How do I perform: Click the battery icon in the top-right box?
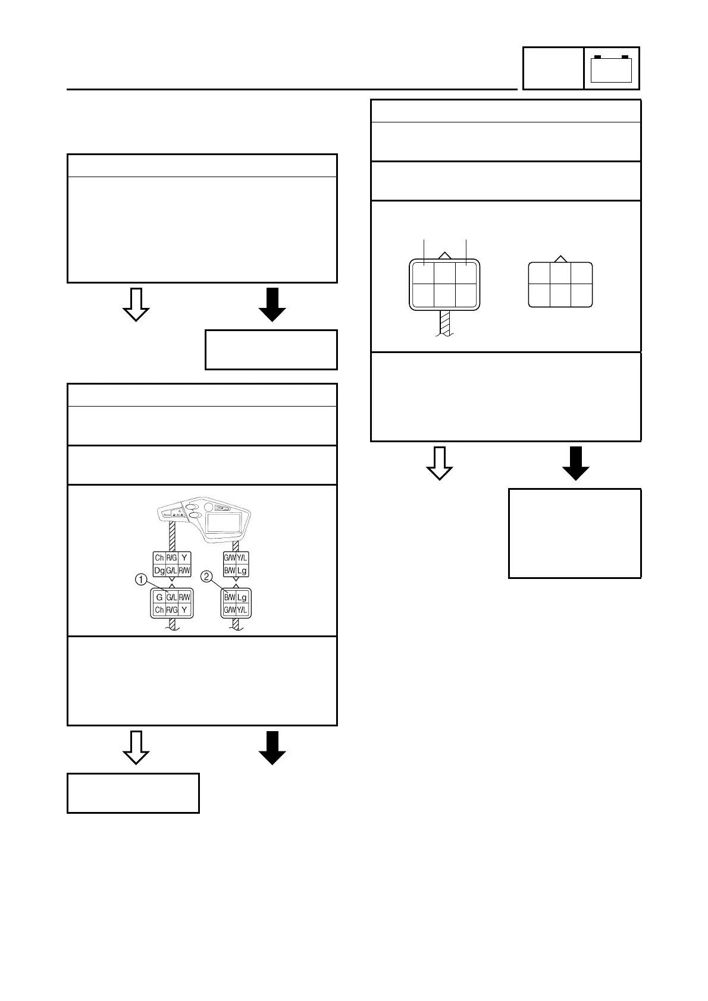point(611,68)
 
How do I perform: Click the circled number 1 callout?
point(142,578)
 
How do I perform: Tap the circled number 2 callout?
point(206,576)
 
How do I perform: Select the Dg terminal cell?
point(159,571)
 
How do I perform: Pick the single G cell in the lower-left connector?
point(159,597)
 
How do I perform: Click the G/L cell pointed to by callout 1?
point(171,597)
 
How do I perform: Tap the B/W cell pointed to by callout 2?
point(230,597)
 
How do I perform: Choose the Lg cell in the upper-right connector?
point(242,571)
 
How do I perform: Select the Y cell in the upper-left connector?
point(184,558)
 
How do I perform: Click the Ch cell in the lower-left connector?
point(159,610)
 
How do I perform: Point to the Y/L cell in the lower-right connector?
point(242,610)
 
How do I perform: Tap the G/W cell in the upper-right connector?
point(230,558)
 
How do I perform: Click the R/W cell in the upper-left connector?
point(184,571)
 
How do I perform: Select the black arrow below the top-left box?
point(272,304)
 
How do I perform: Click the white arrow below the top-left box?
point(136,304)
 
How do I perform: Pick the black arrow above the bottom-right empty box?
point(575,462)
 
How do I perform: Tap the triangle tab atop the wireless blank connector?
point(560,259)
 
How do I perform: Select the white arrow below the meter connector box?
point(136,747)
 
